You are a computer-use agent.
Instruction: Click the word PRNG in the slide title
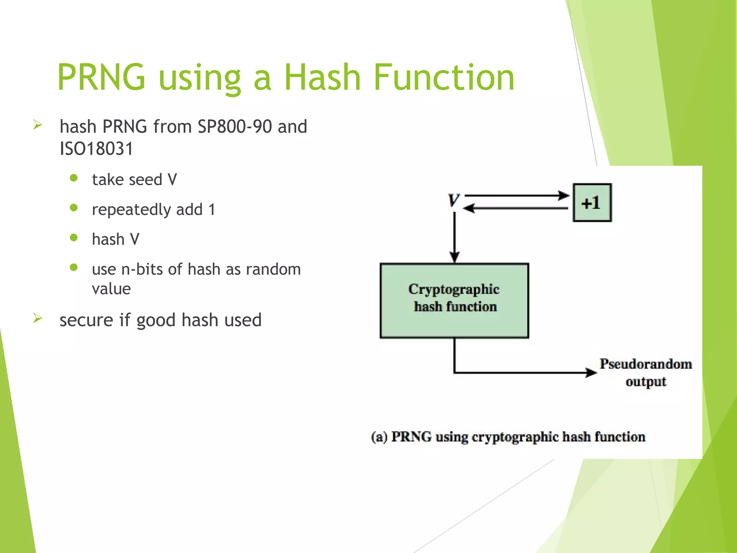tap(101, 77)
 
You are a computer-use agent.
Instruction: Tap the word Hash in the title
tap(322, 77)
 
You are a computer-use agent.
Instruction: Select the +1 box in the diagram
tap(592, 203)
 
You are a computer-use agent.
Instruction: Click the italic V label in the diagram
tap(454, 200)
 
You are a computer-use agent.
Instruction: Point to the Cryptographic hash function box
tap(454, 301)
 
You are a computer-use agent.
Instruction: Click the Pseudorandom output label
tap(646, 372)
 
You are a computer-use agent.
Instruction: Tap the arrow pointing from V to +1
tap(517, 196)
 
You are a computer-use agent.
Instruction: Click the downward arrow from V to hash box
tap(455, 238)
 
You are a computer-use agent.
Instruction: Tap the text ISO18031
tap(96, 149)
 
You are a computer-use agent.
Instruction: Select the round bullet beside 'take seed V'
tap(74, 178)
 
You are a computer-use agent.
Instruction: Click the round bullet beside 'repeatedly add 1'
tap(74, 208)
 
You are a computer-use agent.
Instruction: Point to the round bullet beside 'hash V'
tap(74, 238)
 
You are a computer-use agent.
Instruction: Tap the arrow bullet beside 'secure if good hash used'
tap(38, 318)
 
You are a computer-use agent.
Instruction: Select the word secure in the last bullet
tap(86, 320)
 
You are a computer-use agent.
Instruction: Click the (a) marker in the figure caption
tap(379, 437)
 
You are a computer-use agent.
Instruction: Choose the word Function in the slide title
tap(444, 77)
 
